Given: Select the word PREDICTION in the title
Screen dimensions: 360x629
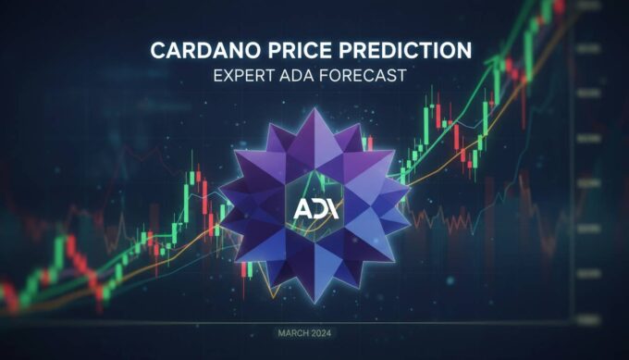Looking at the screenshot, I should pyautogui.click(x=407, y=48).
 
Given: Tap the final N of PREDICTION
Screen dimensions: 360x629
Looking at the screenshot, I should pyautogui.click(x=463, y=48).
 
